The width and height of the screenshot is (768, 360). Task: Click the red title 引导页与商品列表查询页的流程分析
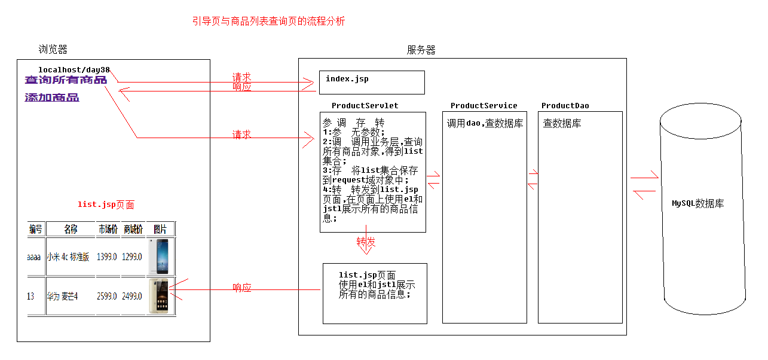coord(268,22)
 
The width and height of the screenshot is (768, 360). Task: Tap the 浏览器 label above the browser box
coord(53,49)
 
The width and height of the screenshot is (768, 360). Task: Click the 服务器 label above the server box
coord(421,50)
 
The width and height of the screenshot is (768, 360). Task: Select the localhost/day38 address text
coord(74,70)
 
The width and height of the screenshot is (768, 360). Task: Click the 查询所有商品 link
coord(66,80)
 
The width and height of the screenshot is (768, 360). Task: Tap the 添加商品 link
coord(52,97)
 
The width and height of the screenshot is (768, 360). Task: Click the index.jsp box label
coord(347,79)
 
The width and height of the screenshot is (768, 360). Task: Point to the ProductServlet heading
coord(365,106)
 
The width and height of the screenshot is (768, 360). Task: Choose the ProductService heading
coord(484,106)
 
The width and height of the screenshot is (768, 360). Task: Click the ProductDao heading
coord(565,106)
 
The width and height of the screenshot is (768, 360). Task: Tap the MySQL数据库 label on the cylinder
coord(697,203)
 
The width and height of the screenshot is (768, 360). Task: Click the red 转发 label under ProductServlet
coord(366,242)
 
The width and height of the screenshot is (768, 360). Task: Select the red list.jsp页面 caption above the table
coord(106,205)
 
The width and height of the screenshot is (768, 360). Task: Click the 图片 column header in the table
coord(160,229)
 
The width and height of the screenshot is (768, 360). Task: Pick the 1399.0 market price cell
coord(108,257)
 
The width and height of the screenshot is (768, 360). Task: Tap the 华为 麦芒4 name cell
coord(63,296)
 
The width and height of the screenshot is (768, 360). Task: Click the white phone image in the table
coord(161,256)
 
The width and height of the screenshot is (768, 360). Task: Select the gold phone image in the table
coord(160,295)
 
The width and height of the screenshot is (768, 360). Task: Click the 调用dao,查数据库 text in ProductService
coord(485,124)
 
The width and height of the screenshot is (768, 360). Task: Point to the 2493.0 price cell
coord(133,296)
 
